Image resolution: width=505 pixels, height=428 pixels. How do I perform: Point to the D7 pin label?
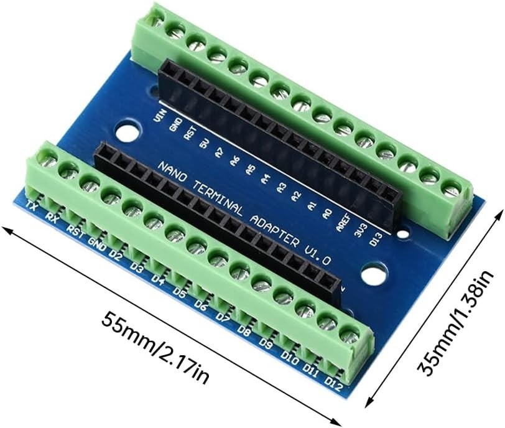223,317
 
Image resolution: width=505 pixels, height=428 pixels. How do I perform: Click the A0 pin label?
326,215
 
